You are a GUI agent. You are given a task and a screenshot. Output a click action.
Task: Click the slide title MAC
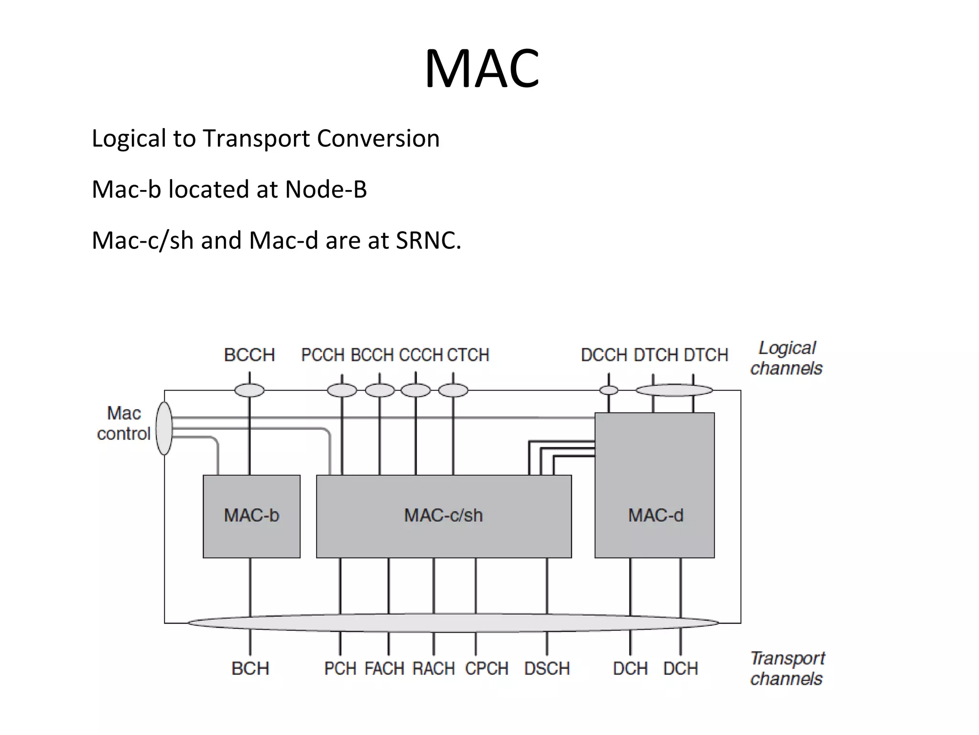(482, 69)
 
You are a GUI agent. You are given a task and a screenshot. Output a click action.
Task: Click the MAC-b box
(251, 516)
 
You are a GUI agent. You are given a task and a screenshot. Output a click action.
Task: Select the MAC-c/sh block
(444, 516)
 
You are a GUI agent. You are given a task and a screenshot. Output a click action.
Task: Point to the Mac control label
(123, 423)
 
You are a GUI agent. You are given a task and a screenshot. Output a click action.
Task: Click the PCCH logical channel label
(323, 355)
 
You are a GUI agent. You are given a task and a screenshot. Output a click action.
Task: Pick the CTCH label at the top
(468, 355)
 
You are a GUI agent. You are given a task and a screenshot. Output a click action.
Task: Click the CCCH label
(421, 355)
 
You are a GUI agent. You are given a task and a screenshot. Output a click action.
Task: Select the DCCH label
(604, 355)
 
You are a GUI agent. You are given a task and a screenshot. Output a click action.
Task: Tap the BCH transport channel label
(250, 668)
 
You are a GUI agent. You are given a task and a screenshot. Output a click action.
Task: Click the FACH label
(384, 668)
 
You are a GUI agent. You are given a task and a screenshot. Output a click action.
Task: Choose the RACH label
(434, 668)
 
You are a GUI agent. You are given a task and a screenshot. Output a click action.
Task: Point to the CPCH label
(487, 668)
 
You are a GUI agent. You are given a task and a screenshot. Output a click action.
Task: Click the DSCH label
(547, 668)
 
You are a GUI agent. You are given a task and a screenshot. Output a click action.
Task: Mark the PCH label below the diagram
(340, 668)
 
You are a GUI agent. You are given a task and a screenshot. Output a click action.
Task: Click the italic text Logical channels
(786, 358)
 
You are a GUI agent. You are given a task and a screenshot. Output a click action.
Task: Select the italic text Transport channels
(787, 668)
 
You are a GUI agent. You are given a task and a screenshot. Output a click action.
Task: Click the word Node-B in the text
(326, 189)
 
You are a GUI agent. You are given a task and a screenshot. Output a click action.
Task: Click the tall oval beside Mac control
(164, 428)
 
